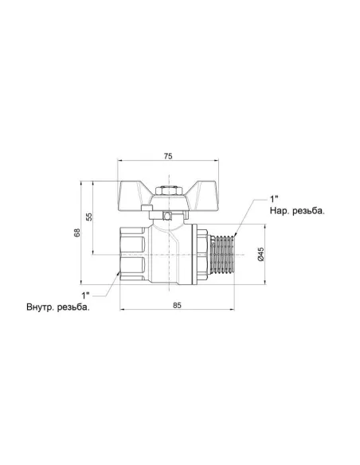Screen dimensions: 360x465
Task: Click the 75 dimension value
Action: [168, 156]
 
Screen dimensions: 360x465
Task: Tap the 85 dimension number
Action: [177, 305]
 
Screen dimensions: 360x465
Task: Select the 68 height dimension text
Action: [77, 232]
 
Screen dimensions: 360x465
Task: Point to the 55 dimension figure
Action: [89, 217]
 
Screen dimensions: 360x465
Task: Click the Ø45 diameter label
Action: [260, 254]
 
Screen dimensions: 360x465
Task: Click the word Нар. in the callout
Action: [280, 211]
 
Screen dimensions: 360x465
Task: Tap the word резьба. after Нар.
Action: [308, 211]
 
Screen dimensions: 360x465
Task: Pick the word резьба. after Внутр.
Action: [73, 307]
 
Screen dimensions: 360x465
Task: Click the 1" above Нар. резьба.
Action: [274, 198]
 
